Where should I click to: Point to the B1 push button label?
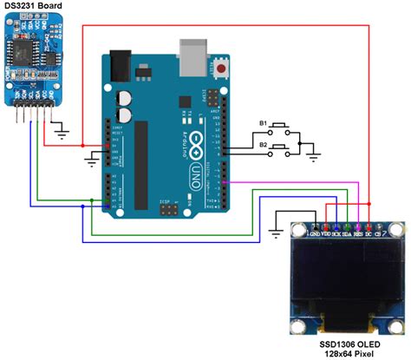pos(263,124)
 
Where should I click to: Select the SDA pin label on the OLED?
pos(347,233)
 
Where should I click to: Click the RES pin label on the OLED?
pos(357,233)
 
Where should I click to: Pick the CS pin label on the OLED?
pos(379,233)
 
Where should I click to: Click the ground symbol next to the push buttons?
pos(315,157)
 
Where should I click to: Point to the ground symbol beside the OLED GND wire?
pos(274,230)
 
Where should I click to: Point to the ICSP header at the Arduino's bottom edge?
pos(165,210)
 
